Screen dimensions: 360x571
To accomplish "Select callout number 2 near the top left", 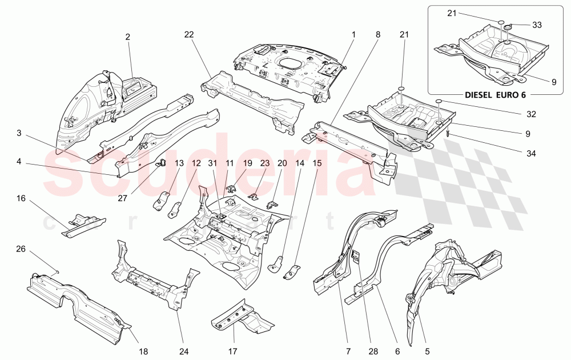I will click(x=128, y=37).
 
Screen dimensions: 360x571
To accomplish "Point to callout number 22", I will click(x=189, y=34).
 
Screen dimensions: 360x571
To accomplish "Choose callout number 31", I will click(x=212, y=163).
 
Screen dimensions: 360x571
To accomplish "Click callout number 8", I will click(x=377, y=34).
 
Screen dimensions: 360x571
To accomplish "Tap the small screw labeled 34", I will click(x=450, y=134).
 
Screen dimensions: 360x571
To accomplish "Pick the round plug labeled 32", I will click(x=439, y=101).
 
